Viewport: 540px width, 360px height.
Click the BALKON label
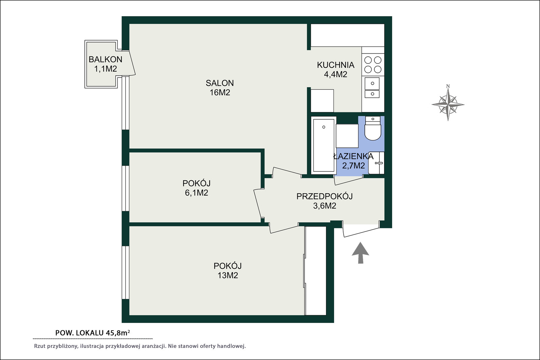click(105, 59)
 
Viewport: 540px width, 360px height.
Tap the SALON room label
click(220, 83)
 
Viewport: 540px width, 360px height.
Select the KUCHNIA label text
click(335, 65)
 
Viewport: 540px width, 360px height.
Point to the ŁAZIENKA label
click(353, 157)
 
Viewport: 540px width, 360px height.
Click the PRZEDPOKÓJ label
click(324, 196)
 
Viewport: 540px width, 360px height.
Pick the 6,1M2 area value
click(196, 193)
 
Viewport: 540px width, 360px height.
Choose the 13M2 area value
click(228, 275)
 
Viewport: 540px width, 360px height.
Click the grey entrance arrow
click(360, 253)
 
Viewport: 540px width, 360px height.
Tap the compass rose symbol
click(448, 105)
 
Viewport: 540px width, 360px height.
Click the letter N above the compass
click(448, 86)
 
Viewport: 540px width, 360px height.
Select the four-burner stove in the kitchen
click(373, 64)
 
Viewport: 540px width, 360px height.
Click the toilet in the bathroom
click(373, 128)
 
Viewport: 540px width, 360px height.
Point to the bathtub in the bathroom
click(324, 145)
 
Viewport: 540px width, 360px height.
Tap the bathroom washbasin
click(376, 163)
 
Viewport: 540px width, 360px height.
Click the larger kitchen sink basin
click(372, 83)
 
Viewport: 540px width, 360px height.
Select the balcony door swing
click(131, 63)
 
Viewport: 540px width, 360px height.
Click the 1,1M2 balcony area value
click(105, 69)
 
